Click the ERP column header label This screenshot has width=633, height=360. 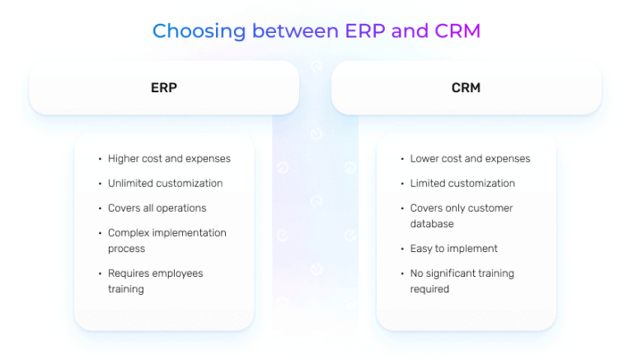point(163,87)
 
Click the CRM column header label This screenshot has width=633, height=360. point(466,87)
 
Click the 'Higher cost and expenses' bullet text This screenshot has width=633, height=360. point(169,159)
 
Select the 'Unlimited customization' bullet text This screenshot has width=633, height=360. point(165,184)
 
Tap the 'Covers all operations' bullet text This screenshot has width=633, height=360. point(157,208)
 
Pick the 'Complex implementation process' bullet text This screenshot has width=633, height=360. point(166,241)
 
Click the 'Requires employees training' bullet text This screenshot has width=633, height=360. point(155,281)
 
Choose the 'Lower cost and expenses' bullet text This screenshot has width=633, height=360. point(470,159)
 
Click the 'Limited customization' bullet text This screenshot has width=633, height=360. point(462,184)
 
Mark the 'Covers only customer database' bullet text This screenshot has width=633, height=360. point(461,216)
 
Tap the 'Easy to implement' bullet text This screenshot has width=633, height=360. point(453,249)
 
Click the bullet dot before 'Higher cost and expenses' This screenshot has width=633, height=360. point(99,159)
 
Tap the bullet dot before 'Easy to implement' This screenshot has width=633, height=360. point(401,249)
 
